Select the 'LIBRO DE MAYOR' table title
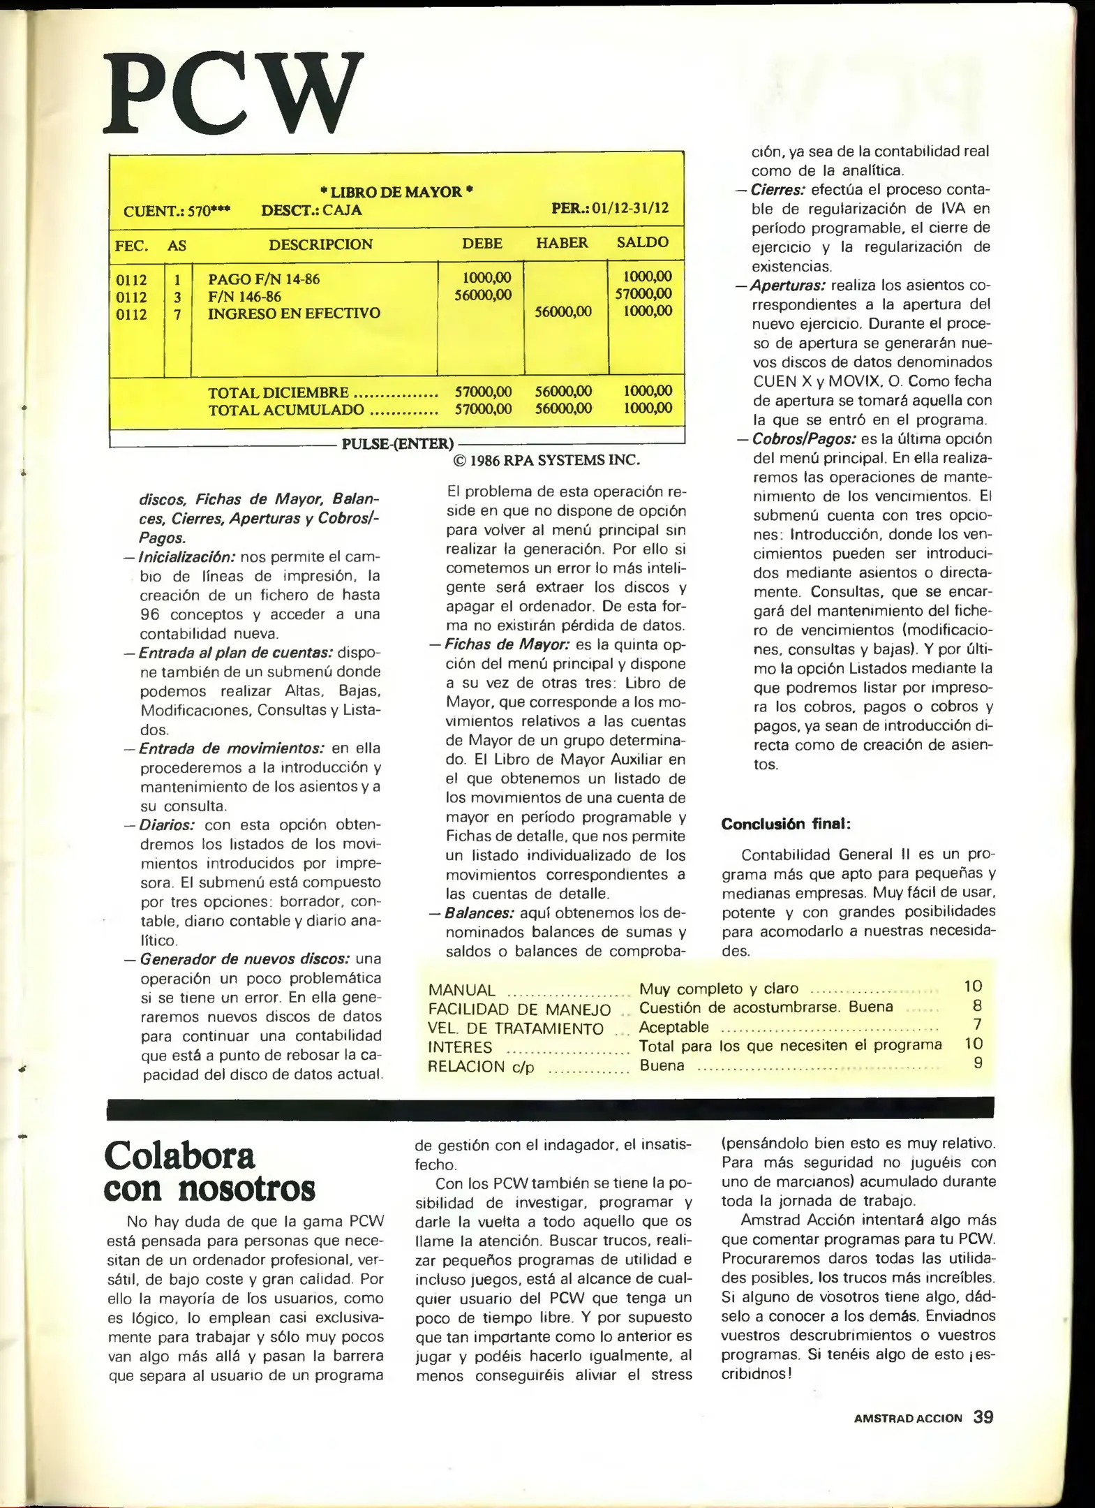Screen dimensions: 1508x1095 point(396,192)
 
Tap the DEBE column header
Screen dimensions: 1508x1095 point(482,243)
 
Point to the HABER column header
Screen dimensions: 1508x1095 point(562,243)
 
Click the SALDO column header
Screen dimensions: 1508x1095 point(643,242)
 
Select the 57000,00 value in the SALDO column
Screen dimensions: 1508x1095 point(643,294)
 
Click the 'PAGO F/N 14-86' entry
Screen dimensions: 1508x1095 point(264,279)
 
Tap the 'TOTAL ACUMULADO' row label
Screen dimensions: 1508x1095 point(286,410)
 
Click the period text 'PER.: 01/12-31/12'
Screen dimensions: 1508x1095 point(610,209)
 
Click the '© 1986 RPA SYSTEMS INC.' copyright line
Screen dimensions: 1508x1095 point(546,460)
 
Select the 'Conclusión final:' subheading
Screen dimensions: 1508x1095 point(786,824)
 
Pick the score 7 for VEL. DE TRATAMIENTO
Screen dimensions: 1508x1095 point(977,1025)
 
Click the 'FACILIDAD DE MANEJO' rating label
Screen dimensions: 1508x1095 point(519,1010)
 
